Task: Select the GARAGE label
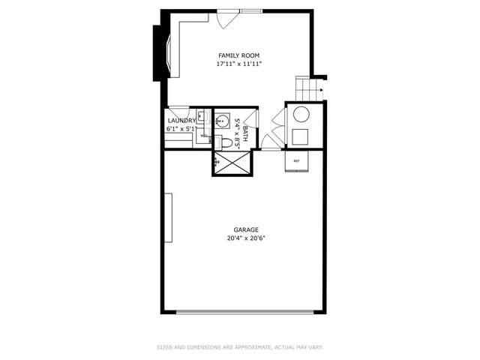coord(246,230)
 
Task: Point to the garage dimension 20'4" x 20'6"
coord(246,238)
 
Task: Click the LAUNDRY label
coord(182,120)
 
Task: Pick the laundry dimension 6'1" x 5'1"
coord(182,129)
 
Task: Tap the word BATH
coord(244,133)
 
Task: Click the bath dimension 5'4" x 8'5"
coord(237,133)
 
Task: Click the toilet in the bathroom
coord(226,142)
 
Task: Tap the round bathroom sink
coord(222,120)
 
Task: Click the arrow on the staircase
coord(320,91)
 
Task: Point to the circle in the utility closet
coord(301,115)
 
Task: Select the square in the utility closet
coord(301,136)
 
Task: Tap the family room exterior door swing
coord(225,19)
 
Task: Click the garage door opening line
coord(244,312)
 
